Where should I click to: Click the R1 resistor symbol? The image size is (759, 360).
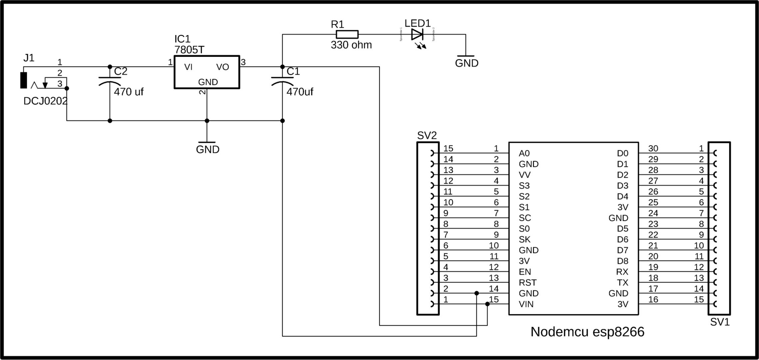click(347, 34)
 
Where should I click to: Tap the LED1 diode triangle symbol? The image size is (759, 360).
click(417, 34)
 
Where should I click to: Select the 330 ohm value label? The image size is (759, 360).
click(351, 45)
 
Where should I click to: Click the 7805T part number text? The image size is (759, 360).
click(189, 50)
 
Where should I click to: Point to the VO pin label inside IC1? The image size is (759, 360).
click(222, 67)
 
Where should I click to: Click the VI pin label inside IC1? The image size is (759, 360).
click(188, 67)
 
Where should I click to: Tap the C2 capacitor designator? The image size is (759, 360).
click(120, 72)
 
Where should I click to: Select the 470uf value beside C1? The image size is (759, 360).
click(300, 92)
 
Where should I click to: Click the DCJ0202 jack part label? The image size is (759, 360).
click(45, 101)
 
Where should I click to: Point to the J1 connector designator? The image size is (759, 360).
click(29, 58)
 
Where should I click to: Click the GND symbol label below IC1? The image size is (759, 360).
click(207, 150)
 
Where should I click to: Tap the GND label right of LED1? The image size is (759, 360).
click(466, 63)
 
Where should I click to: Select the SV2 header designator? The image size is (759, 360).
click(426, 136)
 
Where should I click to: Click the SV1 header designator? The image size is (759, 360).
click(720, 322)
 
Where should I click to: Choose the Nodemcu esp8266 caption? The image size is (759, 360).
click(587, 332)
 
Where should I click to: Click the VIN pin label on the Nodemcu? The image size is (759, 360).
click(526, 304)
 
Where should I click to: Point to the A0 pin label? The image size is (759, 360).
click(524, 154)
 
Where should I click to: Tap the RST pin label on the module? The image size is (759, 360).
click(527, 283)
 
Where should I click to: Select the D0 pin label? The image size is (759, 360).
click(622, 154)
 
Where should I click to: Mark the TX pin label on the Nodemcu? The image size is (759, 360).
click(622, 283)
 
